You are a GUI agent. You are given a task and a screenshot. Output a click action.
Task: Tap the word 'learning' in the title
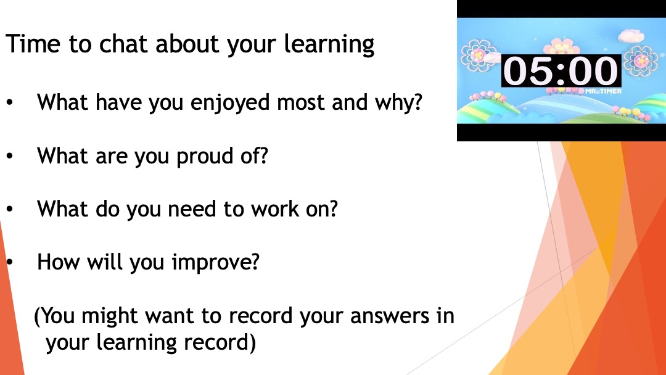(x=329, y=45)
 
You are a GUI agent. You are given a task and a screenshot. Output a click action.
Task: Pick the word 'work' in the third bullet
(x=275, y=209)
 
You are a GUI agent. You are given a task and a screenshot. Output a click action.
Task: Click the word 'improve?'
(x=215, y=263)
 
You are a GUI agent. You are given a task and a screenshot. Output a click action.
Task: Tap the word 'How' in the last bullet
(x=58, y=262)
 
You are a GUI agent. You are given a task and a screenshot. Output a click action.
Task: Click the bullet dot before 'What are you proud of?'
(x=10, y=156)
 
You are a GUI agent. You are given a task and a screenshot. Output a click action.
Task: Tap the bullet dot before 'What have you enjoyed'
(x=10, y=103)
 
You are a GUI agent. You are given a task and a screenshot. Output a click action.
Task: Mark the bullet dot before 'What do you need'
(x=10, y=209)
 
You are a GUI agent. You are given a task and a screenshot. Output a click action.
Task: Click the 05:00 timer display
(x=561, y=71)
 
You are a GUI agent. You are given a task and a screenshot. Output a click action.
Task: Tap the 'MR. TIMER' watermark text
(x=603, y=91)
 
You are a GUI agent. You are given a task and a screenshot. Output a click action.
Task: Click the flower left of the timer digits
(x=479, y=56)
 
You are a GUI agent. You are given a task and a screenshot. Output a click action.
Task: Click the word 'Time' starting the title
(x=33, y=44)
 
